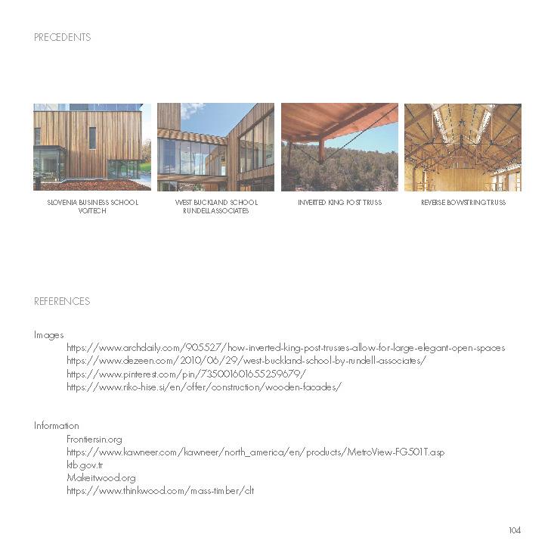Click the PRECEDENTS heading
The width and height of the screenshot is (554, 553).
(62, 37)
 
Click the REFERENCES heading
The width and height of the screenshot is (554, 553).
(62, 301)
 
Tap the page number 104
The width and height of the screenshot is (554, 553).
(515, 530)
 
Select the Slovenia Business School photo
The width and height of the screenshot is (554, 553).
(92, 147)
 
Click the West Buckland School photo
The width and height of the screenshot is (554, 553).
(215, 147)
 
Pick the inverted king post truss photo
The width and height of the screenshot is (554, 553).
(339, 147)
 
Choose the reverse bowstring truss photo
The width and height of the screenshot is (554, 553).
(463, 147)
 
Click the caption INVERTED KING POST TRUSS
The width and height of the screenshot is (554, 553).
(339, 203)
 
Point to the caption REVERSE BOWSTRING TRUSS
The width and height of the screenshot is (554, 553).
(463, 203)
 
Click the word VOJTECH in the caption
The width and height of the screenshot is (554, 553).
(92, 211)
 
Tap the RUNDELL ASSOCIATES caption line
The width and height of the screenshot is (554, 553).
(215, 211)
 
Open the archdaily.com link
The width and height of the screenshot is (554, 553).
(286, 348)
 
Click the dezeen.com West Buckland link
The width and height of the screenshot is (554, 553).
(246, 361)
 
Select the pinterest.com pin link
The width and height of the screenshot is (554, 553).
(186, 374)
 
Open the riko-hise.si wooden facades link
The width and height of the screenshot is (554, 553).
(204, 387)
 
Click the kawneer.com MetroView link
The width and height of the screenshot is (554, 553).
(255, 452)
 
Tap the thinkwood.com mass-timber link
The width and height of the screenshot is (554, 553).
(160, 491)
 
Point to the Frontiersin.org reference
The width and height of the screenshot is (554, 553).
(94, 440)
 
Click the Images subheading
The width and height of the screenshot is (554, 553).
(49, 334)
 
